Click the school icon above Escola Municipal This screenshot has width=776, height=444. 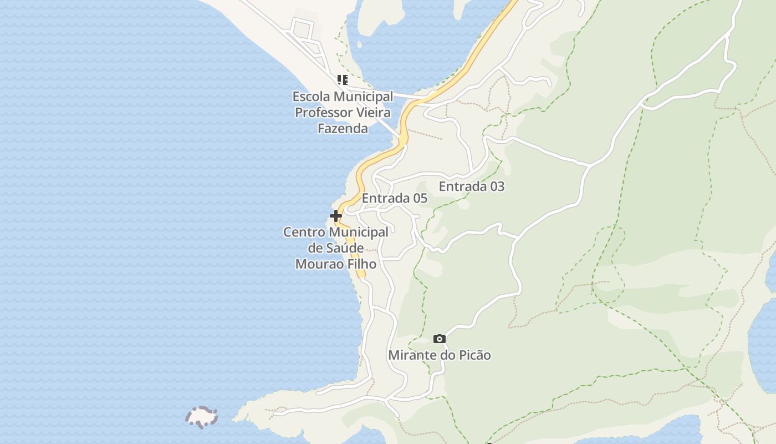(343, 80)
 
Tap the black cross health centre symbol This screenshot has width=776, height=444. (336, 216)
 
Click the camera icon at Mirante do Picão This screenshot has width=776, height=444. (439, 339)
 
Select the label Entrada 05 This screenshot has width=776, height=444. (394, 198)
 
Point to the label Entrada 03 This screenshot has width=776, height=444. (472, 186)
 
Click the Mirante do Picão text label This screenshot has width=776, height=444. (440, 355)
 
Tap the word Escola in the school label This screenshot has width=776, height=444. (310, 97)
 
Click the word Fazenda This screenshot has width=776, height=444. (343, 129)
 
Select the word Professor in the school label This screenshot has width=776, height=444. (322, 113)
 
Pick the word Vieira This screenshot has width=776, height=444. (372, 113)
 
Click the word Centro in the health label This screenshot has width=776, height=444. (303, 232)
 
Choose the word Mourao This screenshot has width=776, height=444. (316, 264)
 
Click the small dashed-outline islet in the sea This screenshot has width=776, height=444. (201, 417)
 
